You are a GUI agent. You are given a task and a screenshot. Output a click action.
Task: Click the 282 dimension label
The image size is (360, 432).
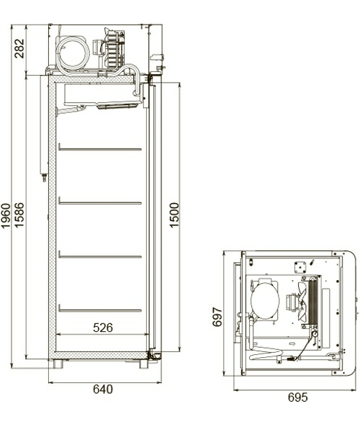[19, 48]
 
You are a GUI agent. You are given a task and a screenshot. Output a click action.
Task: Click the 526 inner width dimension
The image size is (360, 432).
[103, 328]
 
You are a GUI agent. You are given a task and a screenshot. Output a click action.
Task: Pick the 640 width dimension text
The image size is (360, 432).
[103, 390]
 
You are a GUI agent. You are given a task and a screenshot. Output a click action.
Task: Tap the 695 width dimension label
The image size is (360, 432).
[297, 397]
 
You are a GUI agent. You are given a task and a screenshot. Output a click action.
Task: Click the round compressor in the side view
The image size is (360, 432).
[73, 53]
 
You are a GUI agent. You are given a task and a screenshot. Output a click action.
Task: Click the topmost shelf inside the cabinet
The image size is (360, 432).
[100, 150]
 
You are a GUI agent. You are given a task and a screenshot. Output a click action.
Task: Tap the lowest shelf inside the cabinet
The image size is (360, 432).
[100, 310]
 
